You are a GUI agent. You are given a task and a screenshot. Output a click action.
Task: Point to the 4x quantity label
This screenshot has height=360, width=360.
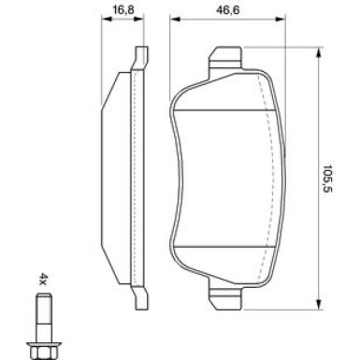click(43, 278)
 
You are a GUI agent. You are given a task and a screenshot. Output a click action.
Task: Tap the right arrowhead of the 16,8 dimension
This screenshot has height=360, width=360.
click(145, 21)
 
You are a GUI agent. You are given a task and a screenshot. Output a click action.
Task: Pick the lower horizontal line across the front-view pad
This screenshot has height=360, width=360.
click(224, 245)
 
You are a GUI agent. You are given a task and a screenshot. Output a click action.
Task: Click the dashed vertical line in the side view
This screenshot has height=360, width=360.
click(136, 178)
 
